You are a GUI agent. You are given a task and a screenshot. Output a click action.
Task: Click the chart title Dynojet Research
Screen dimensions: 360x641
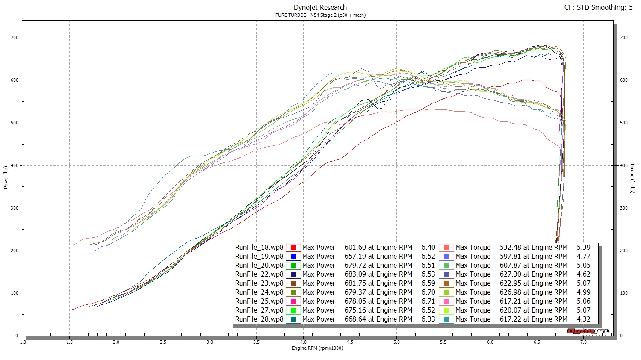pos(320,7)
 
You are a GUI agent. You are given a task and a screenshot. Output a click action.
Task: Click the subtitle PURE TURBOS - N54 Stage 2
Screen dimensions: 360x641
pos(320,15)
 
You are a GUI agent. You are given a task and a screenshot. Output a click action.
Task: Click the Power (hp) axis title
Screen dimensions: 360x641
pos(6,177)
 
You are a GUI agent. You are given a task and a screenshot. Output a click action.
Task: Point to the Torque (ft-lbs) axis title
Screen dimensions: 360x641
pos(632,178)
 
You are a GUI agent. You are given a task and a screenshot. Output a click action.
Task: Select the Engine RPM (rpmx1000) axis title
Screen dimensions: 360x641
pos(317,348)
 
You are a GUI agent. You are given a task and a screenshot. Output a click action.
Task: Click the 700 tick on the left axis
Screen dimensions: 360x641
pos(15,38)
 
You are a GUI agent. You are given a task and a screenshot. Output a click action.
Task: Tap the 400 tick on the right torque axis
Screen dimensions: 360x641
pos(624,166)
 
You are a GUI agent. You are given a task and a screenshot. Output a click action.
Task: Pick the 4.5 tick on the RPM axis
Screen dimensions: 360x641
pos(350,342)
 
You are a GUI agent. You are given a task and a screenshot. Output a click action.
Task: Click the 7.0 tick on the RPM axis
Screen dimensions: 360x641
pos(583,342)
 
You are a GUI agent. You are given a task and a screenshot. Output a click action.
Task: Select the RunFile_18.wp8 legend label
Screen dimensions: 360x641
pos(259,247)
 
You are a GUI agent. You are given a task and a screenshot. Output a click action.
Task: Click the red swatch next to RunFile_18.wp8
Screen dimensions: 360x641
pos(293,247)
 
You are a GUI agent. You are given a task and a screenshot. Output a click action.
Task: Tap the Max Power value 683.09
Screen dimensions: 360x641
pos(356,274)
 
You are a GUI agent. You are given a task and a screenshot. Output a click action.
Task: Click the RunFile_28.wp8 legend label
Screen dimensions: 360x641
pos(259,319)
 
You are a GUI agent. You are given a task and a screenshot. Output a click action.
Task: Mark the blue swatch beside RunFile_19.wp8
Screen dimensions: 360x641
pos(293,256)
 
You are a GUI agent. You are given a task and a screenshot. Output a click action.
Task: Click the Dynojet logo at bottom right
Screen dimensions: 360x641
pos(587,331)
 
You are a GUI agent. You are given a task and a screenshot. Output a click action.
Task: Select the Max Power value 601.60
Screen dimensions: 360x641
pos(356,247)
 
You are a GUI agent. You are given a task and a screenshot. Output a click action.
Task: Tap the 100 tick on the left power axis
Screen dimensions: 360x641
pos(15,293)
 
